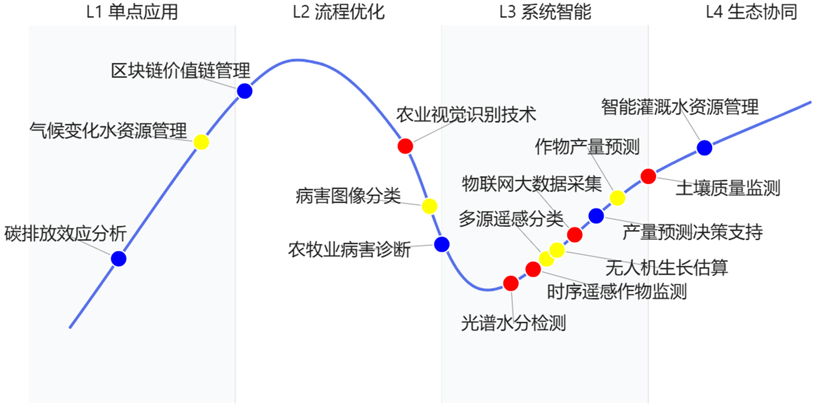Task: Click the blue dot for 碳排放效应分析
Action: [x=119, y=259]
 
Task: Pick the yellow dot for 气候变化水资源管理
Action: [x=201, y=142]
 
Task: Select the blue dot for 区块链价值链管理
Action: [x=244, y=91]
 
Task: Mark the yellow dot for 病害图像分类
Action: [x=429, y=206]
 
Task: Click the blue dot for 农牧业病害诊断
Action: [x=442, y=244]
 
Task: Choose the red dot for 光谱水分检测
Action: [x=511, y=283]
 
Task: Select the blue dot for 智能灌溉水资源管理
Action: [x=704, y=148]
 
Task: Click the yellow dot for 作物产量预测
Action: [x=617, y=198]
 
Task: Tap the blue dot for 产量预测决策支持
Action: [x=596, y=216]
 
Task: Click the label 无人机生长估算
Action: [x=667, y=268]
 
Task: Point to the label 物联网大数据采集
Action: [x=531, y=184]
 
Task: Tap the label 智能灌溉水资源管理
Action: [x=680, y=107]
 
